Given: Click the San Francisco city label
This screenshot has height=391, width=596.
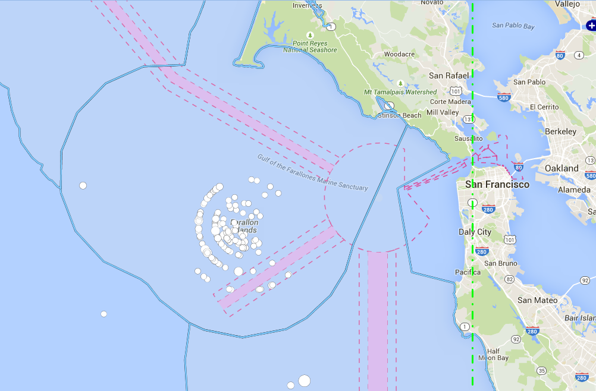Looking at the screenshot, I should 497,184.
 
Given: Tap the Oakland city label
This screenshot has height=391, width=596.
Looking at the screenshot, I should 562,168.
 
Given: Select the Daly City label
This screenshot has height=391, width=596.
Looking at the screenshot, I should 475,232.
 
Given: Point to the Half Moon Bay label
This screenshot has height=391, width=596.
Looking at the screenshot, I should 493,354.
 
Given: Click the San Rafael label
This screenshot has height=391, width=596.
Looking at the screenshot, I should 449,75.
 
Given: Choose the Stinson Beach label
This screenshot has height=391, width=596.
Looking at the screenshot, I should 400,115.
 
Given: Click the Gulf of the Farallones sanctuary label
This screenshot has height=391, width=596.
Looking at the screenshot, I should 312,172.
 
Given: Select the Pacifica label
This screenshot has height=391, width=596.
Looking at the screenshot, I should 468,272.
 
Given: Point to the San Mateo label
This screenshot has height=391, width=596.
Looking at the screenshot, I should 537,300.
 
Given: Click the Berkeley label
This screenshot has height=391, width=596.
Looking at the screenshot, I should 560,131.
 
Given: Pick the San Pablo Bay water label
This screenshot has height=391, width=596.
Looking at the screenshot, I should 513,26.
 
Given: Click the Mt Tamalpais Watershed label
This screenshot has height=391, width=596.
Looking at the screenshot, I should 400,92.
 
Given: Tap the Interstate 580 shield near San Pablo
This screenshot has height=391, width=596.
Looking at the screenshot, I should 504,97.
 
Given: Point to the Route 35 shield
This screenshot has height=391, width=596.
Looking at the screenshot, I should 541,371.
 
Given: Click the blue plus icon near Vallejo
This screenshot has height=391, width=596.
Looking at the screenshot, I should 591,26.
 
